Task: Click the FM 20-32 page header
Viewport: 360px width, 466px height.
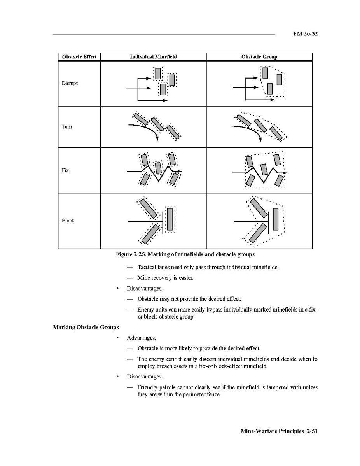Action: click(x=305, y=34)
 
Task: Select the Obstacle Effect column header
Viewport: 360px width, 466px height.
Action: click(x=79, y=57)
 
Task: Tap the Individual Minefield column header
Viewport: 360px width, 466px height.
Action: click(x=153, y=57)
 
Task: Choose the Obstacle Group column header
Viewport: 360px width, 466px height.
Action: click(x=259, y=57)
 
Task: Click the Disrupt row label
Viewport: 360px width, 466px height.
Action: click(x=70, y=83)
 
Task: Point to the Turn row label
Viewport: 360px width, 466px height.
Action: click(x=66, y=127)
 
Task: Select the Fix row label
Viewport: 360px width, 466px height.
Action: click(x=65, y=170)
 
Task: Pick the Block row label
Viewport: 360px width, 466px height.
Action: click(x=68, y=221)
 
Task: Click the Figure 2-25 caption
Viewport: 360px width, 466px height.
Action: click(x=185, y=254)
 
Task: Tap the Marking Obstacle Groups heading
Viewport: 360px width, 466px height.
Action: click(x=86, y=327)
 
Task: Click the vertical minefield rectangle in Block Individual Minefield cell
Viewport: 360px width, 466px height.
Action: click(x=170, y=219)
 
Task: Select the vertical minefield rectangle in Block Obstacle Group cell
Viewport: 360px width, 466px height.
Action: click(x=276, y=219)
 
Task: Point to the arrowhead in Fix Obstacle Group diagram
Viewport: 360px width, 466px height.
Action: click(x=285, y=172)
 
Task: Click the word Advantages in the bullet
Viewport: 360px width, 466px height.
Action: click(x=141, y=338)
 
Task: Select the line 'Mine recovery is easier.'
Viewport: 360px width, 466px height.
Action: click(x=165, y=278)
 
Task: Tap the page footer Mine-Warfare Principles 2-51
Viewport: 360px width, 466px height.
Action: click(x=279, y=431)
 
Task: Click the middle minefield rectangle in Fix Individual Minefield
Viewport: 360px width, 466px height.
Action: click(x=158, y=168)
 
